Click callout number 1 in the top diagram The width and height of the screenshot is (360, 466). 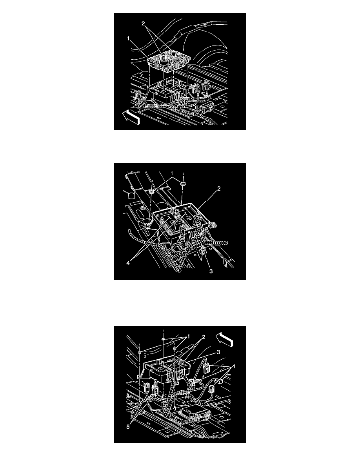129,38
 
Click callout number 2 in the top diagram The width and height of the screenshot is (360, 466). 143,24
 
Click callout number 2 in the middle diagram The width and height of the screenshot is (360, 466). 219,188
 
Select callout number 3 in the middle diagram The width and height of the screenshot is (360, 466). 211,271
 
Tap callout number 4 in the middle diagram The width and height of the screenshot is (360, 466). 128,263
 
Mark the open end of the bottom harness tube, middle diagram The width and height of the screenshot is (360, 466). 178,270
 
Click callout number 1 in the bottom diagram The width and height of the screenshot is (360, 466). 188,337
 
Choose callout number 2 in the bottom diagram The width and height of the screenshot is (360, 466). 204,337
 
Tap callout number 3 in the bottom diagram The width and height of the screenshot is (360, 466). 218,352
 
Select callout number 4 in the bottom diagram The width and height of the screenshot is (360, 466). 233,366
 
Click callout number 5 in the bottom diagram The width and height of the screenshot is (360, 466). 128,426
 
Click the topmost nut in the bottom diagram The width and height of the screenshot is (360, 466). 164,339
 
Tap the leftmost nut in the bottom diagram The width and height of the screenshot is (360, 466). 139,353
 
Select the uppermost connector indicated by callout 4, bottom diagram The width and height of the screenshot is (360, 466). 206,368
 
